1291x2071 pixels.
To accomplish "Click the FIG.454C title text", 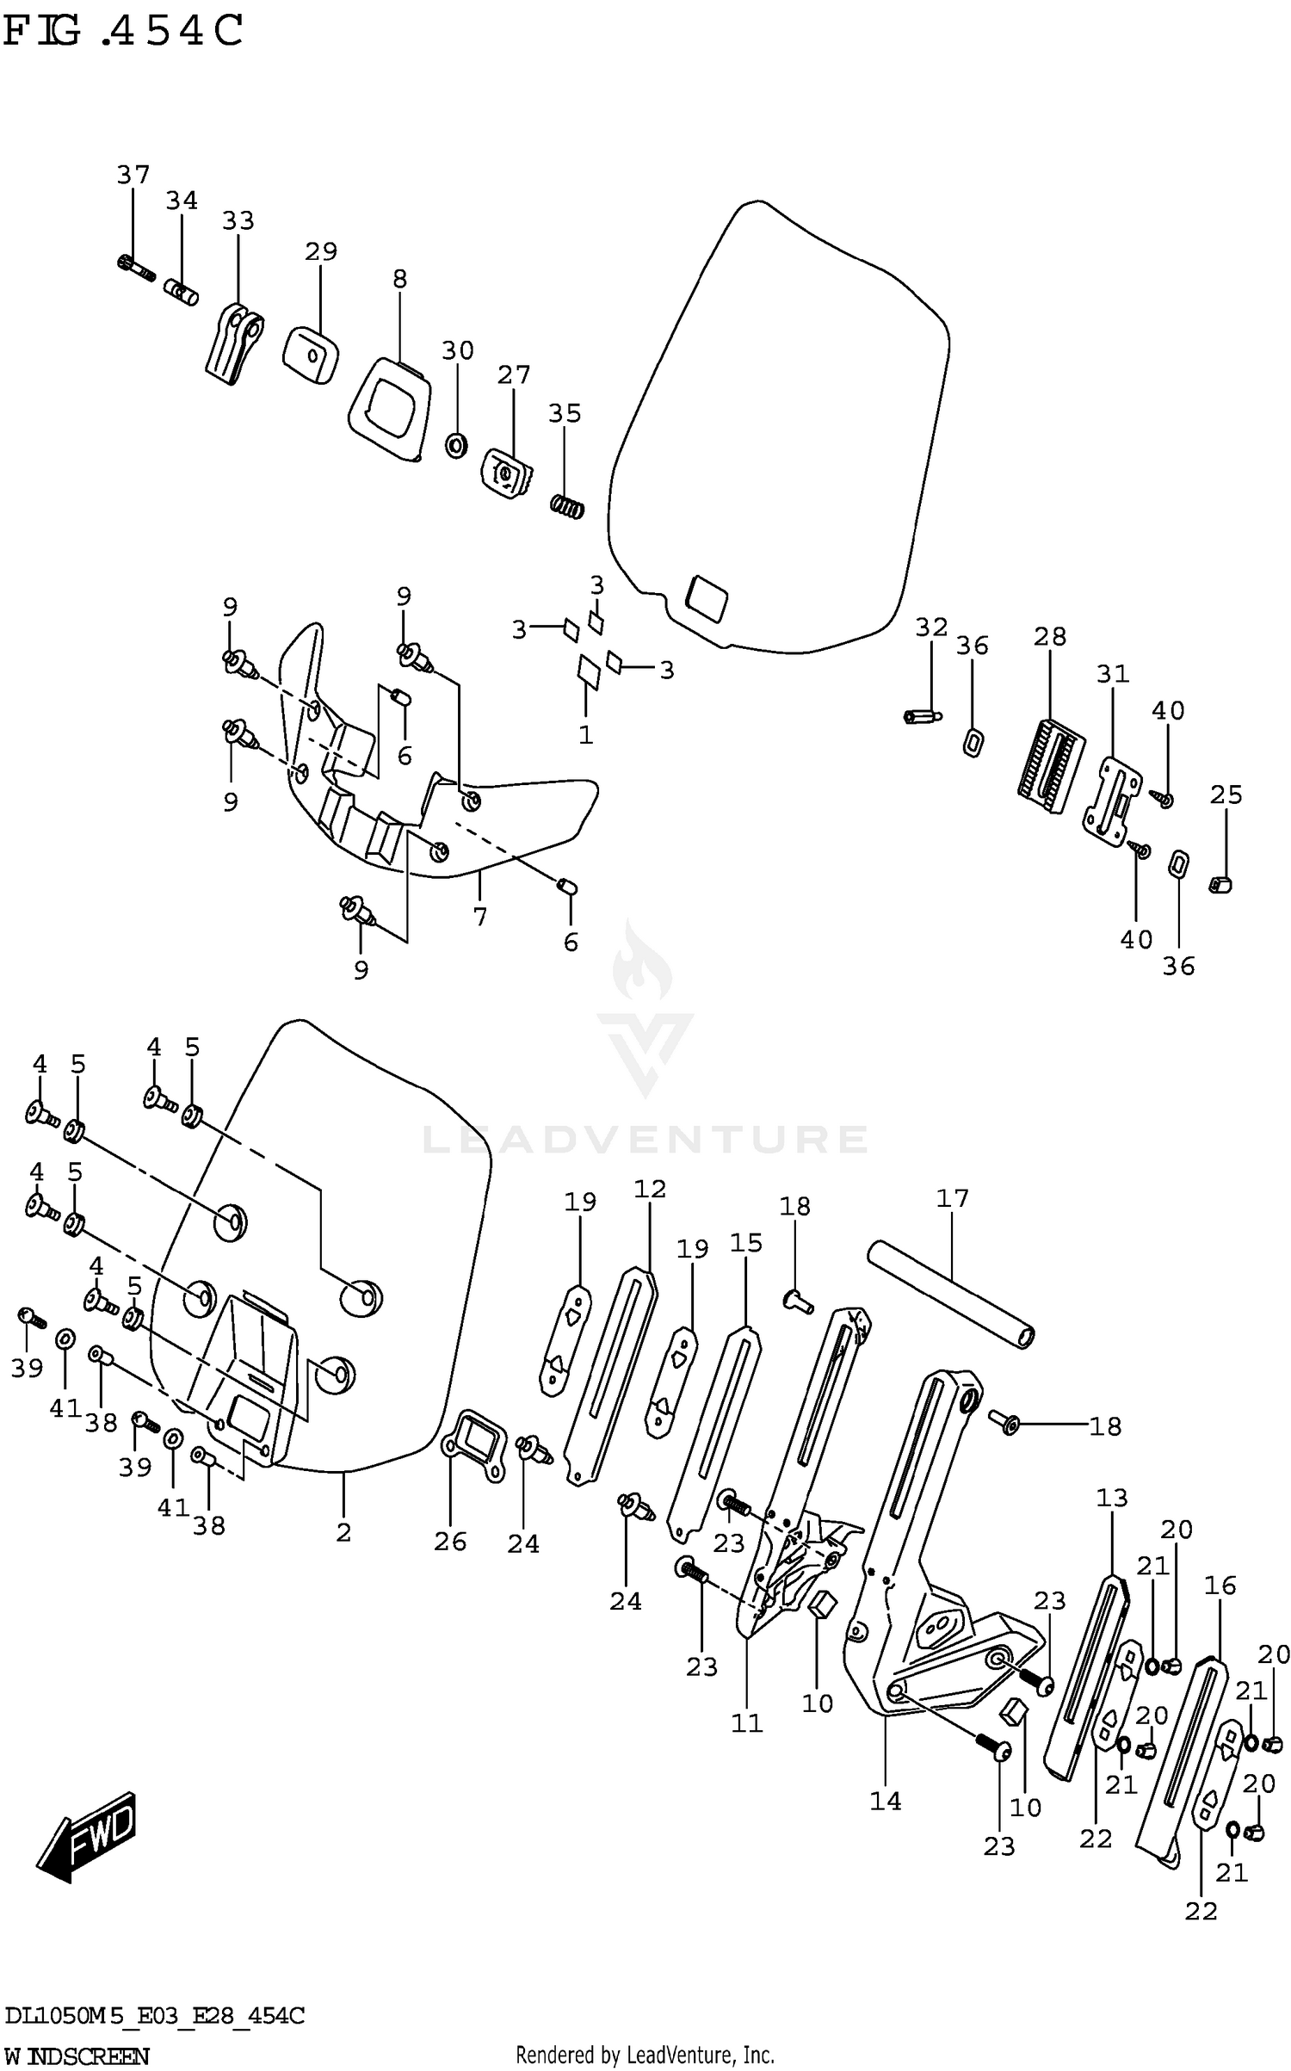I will point(123,32).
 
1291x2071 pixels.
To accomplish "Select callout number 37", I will point(133,175).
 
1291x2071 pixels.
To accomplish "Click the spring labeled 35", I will point(567,508).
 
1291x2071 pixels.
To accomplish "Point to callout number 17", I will point(953,1198).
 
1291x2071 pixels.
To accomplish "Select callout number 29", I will point(320,251).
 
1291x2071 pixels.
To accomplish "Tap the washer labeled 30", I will point(456,445).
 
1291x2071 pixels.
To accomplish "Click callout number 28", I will point(1050,636).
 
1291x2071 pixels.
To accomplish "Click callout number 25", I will point(1226,794).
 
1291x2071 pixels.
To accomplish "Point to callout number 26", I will point(450,1541).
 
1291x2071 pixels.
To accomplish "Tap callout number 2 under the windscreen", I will point(343,1532).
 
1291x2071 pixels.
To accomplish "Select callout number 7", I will point(479,918).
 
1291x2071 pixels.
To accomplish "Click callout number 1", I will point(585,735).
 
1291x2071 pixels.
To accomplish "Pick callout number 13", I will point(1111,1498).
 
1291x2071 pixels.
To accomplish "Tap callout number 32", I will point(931,627).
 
